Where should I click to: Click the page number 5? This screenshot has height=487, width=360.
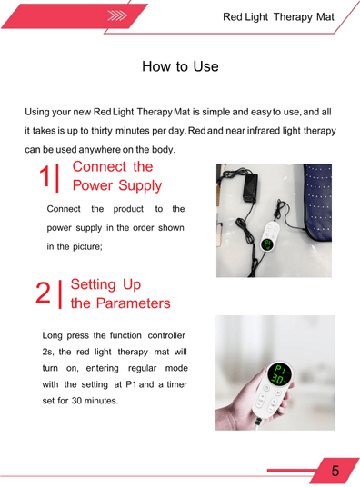335,471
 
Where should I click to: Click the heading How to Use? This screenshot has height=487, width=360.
180,67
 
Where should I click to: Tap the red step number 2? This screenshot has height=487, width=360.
43,293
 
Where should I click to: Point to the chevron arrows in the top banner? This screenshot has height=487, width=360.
115,15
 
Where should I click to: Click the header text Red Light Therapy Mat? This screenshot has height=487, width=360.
278,17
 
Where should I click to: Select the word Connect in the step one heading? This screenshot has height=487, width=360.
99,167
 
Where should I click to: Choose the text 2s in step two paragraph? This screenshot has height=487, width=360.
49,351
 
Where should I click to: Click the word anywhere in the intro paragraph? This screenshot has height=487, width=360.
107,149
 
